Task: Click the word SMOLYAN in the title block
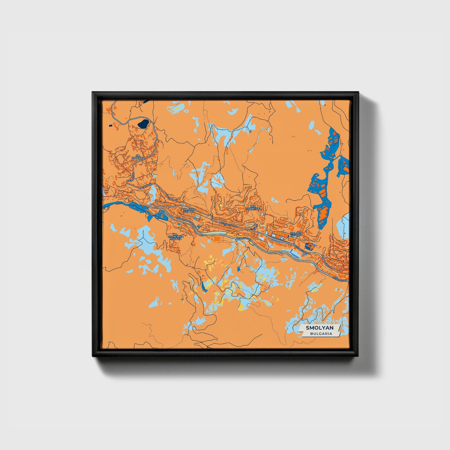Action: click(x=320, y=328)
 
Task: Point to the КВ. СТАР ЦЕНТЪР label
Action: click(x=189, y=210)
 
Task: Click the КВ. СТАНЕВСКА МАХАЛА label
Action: click(x=176, y=236)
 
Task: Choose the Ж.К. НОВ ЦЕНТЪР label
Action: click(x=296, y=234)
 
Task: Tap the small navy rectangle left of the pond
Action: click(x=110, y=126)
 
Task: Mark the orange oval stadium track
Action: click(x=217, y=239)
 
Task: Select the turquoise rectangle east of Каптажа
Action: click(x=155, y=177)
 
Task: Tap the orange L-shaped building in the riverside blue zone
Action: click(x=162, y=215)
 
